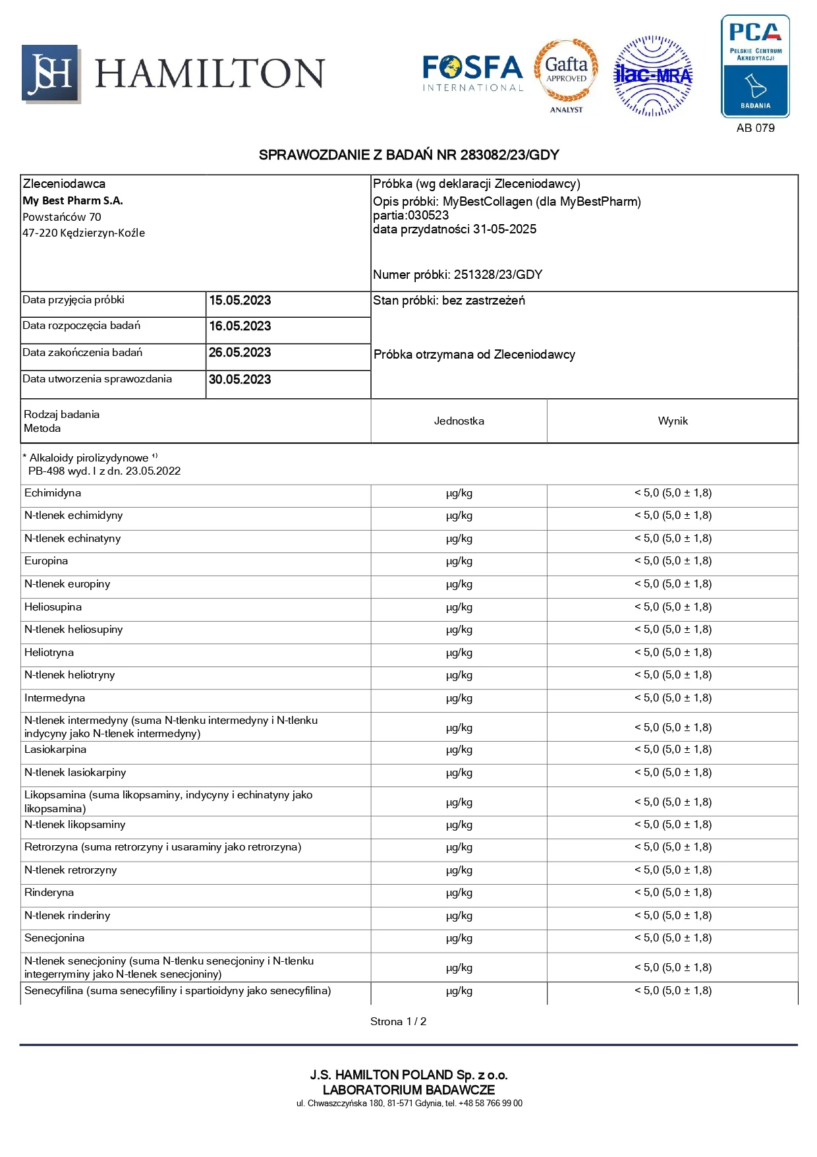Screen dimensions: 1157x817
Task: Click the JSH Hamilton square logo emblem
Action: [x=51, y=74]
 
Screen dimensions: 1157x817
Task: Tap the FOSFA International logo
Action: [x=472, y=73]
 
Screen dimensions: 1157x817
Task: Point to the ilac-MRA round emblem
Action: [x=652, y=76]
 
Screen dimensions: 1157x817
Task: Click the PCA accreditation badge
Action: [x=755, y=67]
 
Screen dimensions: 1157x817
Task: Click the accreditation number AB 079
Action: [x=755, y=128]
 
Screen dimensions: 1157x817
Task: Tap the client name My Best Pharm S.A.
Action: [x=72, y=200]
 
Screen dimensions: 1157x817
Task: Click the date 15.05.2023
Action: [x=240, y=301]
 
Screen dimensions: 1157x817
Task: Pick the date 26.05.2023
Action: [x=240, y=353]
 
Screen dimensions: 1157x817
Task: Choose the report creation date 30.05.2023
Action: [x=240, y=380]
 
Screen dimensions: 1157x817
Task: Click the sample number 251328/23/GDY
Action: [x=497, y=275]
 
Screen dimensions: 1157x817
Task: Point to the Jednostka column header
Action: [x=459, y=421]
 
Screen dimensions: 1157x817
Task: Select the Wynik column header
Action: [x=673, y=421]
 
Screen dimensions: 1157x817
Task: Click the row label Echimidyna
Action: [x=53, y=493]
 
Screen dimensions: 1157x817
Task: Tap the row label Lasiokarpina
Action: [x=55, y=750]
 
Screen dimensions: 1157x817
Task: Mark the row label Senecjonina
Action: [x=54, y=938]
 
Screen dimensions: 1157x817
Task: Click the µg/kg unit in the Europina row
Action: [x=459, y=562]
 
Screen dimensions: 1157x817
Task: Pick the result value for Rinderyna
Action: [x=673, y=893]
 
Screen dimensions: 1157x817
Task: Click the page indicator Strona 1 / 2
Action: [x=398, y=1022]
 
